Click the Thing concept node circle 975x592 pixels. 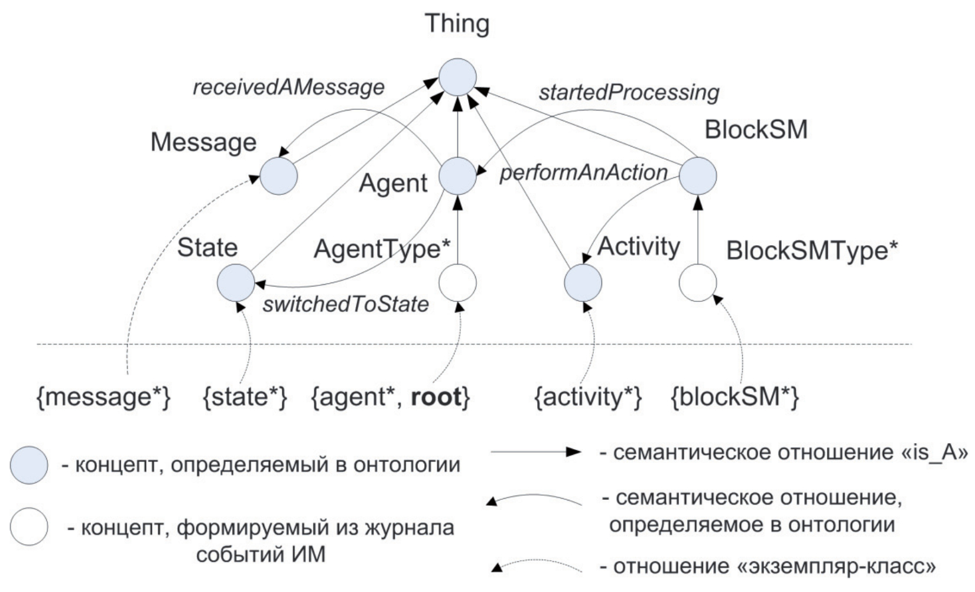point(457,77)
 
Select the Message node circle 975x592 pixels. point(279,176)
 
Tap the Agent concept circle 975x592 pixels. point(457,176)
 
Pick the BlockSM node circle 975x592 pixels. point(697,175)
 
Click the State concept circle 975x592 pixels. point(235,282)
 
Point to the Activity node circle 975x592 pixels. point(583,283)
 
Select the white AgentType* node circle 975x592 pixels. point(457,283)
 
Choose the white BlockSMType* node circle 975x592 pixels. point(697,283)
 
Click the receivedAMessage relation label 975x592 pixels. point(288,87)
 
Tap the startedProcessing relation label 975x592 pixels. point(629,92)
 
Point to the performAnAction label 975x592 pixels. point(584,173)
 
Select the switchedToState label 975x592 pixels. point(346,304)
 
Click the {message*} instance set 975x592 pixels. point(104,397)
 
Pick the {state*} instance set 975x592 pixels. point(245,397)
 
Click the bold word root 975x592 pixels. point(435,397)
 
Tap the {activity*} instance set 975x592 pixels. point(587,397)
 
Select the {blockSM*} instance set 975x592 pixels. point(735,397)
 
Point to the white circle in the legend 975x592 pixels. point(29,526)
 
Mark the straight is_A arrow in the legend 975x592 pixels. point(537,453)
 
